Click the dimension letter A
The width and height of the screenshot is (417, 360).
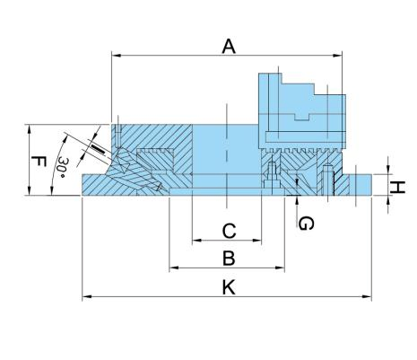(229, 46)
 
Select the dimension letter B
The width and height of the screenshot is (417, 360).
(228, 259)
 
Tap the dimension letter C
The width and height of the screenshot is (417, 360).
(228, 232)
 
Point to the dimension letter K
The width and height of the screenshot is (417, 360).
(228, 287)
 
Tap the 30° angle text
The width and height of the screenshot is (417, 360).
(61, 167)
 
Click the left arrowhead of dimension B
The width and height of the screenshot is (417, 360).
(172, 268)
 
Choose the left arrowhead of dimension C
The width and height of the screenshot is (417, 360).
(195, 241)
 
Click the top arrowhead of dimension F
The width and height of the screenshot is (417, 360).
(30, 127)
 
